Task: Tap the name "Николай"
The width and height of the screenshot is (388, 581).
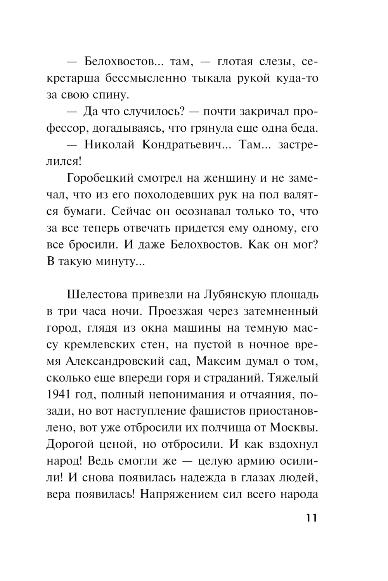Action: tap(109, 145)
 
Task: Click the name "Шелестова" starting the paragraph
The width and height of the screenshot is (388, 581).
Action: tap(102, 295)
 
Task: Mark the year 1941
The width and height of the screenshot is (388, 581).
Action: tap(60, 395)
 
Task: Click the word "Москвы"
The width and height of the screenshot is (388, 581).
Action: tap(294, 428)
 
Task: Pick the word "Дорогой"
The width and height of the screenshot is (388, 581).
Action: tap(72, 444)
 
